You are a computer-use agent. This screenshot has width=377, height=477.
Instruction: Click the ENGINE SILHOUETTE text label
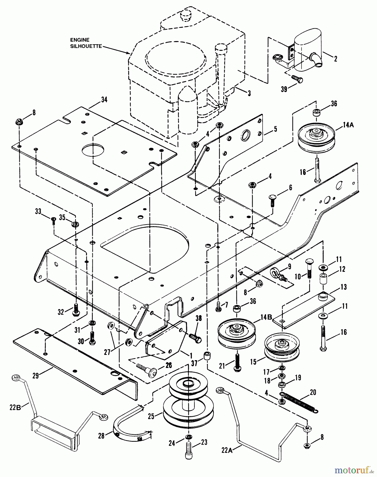point(86,43)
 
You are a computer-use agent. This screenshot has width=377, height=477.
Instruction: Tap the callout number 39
point(284,89)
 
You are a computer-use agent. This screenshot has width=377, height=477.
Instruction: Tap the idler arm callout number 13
point(344,287)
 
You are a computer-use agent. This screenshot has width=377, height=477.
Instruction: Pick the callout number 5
point(276,130)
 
